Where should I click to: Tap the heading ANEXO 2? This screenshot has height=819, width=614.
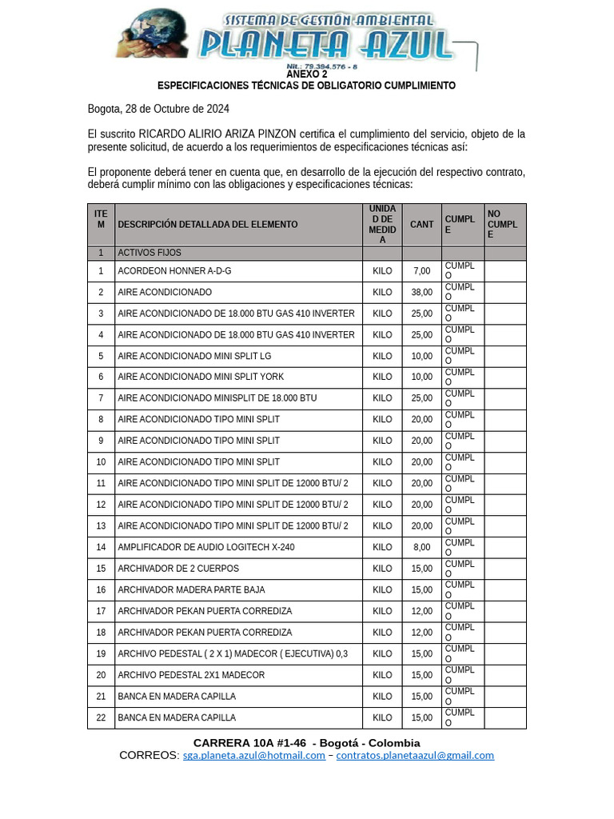click(306, 74)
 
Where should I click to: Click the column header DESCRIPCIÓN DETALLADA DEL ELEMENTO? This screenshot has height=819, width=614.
click(207, 225)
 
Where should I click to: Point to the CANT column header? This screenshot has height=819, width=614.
click(421, 225)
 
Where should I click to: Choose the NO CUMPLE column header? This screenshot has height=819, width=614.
click(503, 225)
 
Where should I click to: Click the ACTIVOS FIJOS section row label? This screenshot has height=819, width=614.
click(150, 253)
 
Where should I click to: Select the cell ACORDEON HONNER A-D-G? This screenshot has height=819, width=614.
click(174, 271)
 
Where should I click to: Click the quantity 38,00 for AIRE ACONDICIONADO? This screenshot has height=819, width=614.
click(421, 293)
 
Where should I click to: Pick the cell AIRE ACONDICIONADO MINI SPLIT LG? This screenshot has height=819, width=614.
click(194, 356)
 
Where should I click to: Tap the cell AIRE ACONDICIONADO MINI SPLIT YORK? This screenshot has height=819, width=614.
click(201, 377)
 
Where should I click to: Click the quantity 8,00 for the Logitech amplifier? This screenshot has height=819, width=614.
click(421, 548)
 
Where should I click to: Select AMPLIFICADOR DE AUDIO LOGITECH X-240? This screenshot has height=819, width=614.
click(205, 548)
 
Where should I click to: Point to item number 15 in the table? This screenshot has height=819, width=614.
click(101, 569)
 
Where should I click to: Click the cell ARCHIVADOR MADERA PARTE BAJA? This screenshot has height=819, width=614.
click(191, 590)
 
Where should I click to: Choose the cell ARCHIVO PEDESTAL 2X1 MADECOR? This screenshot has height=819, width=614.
click(191, 675)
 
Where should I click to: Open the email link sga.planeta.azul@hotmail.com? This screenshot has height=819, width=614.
click(253, 755)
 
